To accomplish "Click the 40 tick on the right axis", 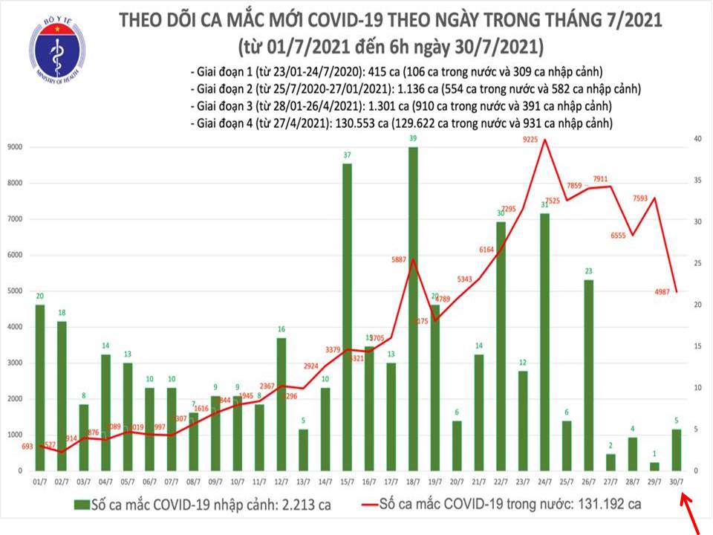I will pyautogui.click(x=697, y=139).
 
